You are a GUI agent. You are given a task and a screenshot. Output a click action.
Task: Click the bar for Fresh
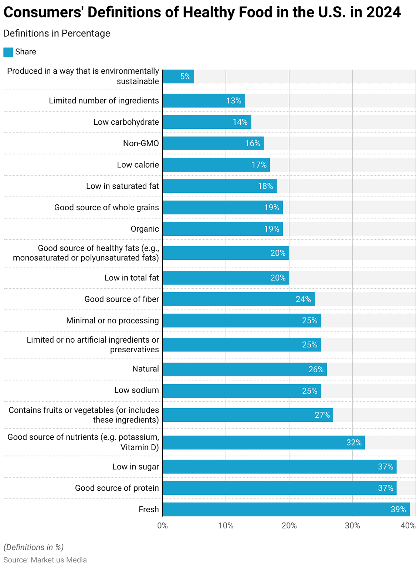coord(286,509)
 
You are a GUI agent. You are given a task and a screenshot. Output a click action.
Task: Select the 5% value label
coord(185,77)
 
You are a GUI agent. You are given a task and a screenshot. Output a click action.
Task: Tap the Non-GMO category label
coord(141,143)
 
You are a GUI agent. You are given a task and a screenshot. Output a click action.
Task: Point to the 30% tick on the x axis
coord(352,526)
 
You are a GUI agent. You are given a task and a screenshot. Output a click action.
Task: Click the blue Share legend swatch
coord(8,52)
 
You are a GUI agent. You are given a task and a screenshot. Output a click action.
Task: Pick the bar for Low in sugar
coord(279,467)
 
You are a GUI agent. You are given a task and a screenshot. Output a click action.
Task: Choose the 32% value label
coord(354,443)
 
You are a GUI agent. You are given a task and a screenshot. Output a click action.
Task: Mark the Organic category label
coord(145,229)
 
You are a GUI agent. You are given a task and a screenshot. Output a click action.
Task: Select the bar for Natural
coord(244,369)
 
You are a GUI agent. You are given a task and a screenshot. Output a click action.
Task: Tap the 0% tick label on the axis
coord(162,526)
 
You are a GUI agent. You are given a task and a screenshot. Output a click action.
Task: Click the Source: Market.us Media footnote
coord(45,560)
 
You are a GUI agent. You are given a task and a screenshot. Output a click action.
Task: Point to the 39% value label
coord(398,510)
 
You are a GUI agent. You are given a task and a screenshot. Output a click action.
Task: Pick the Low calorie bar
coord(216,165)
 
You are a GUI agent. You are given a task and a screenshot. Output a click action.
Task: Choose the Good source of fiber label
coord(122,299)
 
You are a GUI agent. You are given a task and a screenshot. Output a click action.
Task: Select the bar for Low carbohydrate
coord(207,122)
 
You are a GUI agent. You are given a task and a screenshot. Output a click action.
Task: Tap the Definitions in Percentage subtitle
coord(57,33)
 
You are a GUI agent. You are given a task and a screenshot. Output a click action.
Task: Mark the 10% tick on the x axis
coord(226,526)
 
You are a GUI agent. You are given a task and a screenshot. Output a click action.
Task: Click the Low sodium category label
coord(136,390)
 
